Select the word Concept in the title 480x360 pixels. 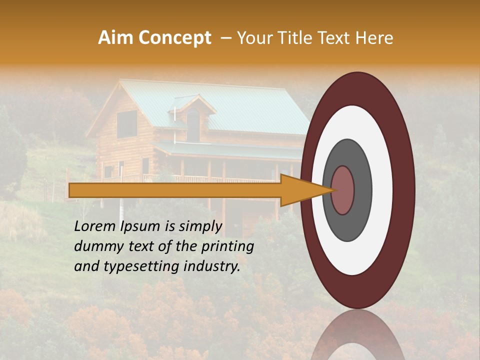[174, 38]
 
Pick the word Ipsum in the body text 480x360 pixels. [139, 226]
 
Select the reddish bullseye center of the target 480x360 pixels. [343, 190]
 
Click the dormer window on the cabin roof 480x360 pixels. [193, 122]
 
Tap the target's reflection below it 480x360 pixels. [357, 337]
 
